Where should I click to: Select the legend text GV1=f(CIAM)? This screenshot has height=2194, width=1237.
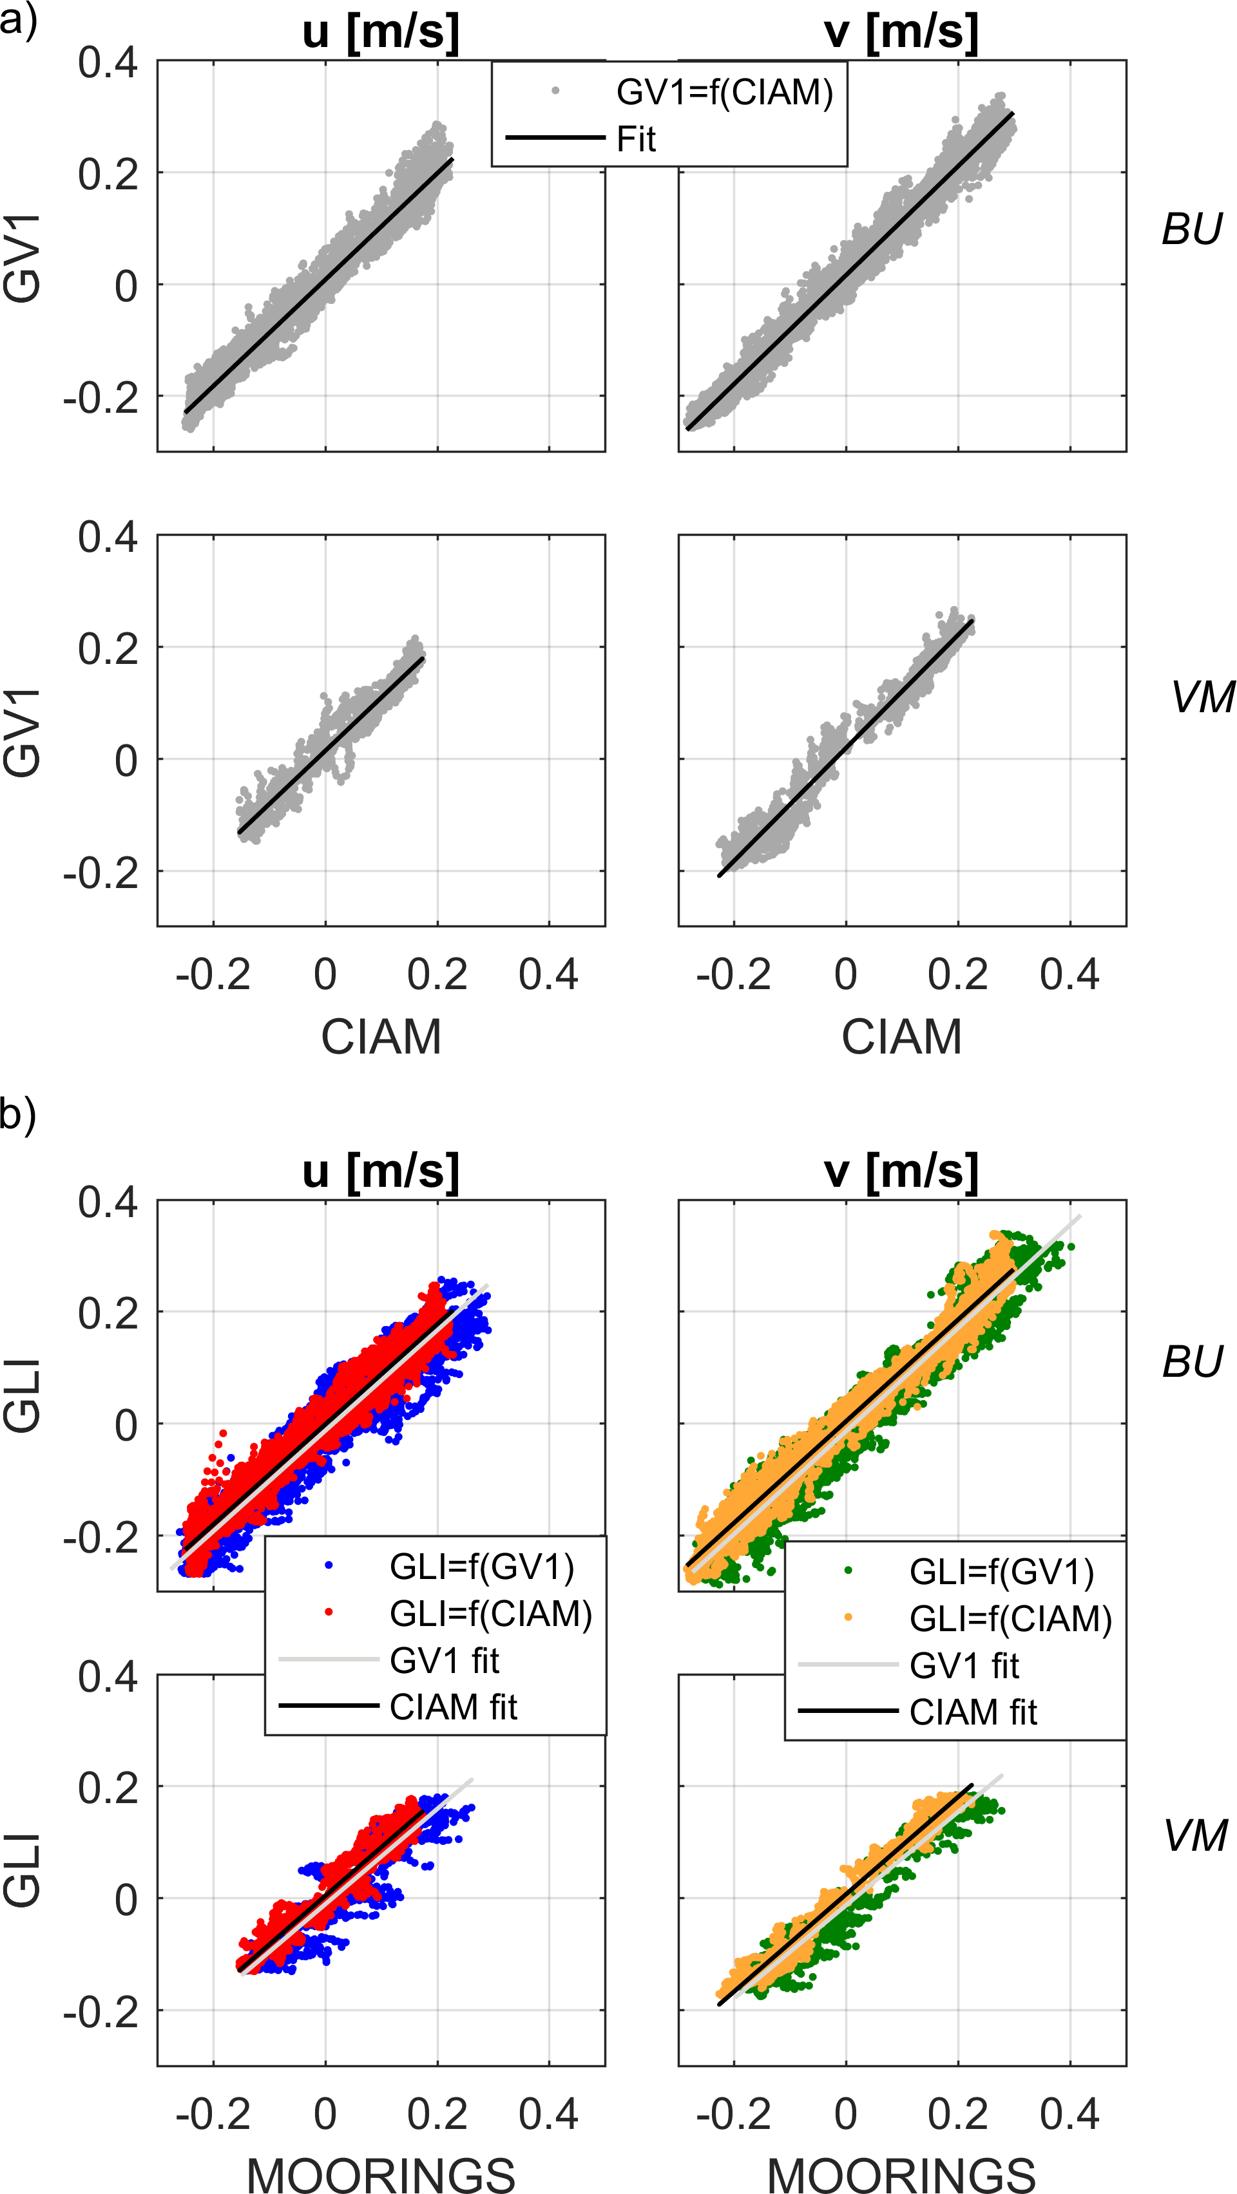724,92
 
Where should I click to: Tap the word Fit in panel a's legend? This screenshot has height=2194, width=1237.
637,139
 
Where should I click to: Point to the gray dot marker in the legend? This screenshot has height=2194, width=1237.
555,90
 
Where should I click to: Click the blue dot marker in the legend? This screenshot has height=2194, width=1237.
329,1565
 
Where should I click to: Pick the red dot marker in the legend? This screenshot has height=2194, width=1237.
329,1612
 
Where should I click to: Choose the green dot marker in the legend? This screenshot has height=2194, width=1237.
849,1571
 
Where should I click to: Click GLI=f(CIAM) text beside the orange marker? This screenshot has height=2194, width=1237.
1010,1618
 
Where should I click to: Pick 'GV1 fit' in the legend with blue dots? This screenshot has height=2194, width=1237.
444,1660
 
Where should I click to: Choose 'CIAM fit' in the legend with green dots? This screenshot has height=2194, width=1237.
973,1712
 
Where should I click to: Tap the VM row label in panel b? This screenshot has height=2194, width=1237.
1195,1835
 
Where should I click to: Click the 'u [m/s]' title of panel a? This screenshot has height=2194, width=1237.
381,32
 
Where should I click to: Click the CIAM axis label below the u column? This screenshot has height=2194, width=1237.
381,1037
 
